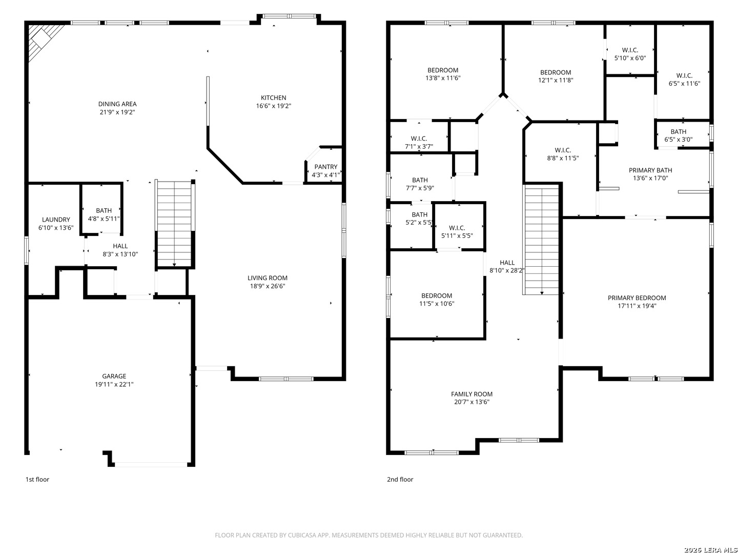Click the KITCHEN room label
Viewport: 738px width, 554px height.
[x=273, y=97]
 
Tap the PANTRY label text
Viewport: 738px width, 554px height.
[x=325, y=167]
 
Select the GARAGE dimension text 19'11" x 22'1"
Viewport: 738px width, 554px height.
[x=114, y=384]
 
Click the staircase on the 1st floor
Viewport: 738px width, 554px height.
[x=174, y=224]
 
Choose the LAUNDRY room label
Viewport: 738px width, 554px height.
[x=56, y=220]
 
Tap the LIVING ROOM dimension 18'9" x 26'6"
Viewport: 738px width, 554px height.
[x=267, y=286]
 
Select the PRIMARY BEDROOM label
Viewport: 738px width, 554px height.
[x=637, y=298]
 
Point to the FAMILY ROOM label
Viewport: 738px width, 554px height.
[x=471, y=394]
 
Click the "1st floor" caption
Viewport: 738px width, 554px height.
[x=37, y=479]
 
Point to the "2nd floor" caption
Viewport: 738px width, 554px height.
[x=400, y=479]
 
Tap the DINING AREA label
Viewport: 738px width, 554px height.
[x=117, y=104]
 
